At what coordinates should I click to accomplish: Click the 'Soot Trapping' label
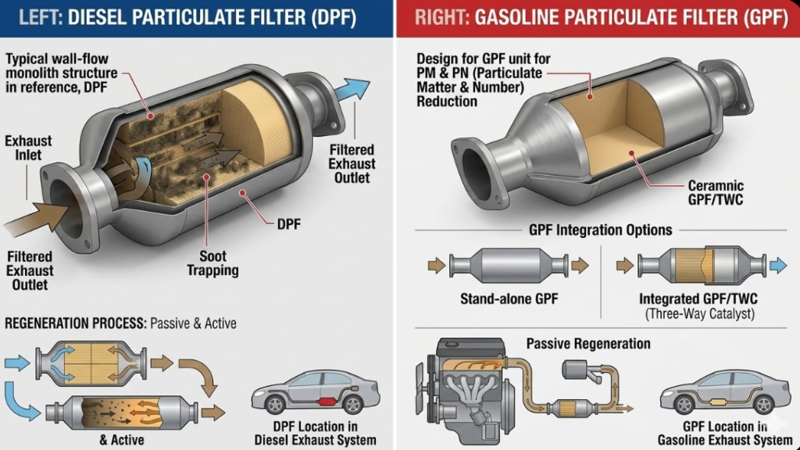coord(212,262)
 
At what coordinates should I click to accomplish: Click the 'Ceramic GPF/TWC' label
coord(715,194)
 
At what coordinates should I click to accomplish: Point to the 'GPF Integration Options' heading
coord(600,230)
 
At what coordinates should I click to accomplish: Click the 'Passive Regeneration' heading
coord(587,344)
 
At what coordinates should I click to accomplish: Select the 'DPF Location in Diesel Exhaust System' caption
coord(315,433)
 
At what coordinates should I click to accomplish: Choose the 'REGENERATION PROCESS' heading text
coord(74,323)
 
